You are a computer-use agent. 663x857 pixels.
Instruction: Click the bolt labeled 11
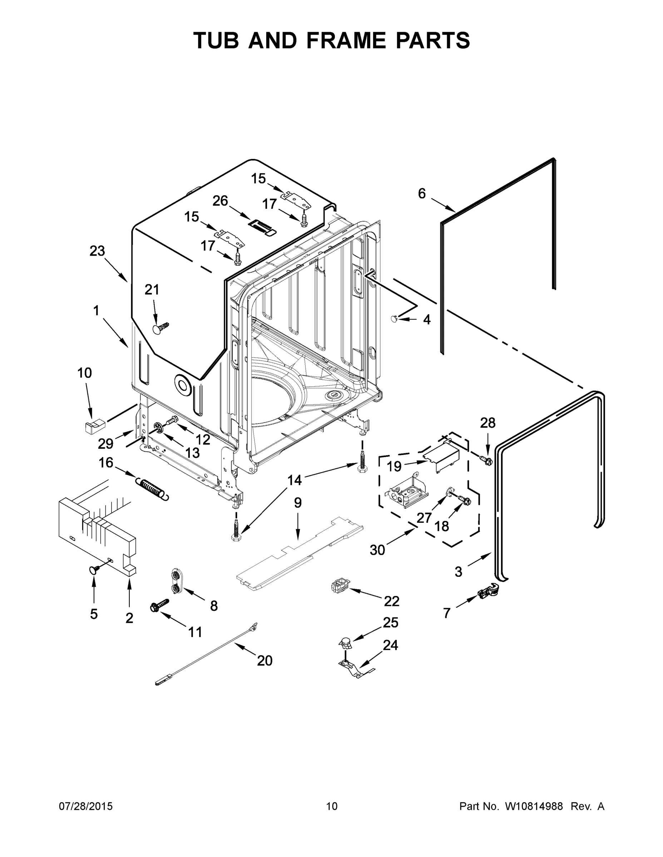(x=159, y=604)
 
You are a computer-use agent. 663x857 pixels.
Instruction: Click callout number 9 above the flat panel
(x=297, y=503)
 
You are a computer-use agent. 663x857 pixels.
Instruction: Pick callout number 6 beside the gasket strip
(x=421, y=194)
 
